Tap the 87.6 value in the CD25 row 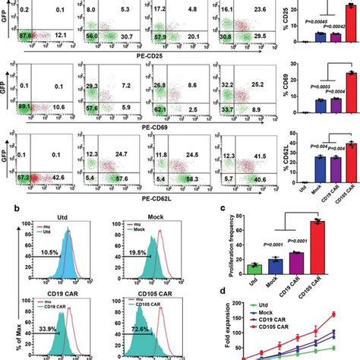click(x=27, y=35)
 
